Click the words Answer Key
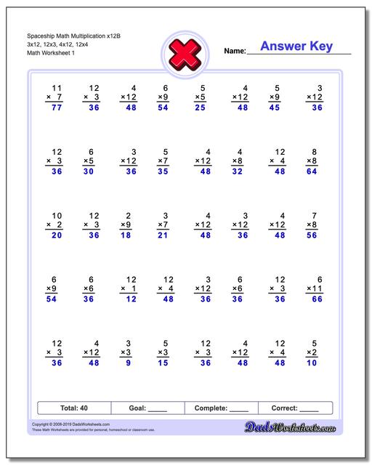(296, 46)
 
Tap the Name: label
(235, 51)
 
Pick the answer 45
(275, 108)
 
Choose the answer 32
(238, 172)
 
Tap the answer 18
(126, 236)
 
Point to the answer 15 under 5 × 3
(163, 363)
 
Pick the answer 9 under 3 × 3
(129, 363)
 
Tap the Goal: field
(148, 408)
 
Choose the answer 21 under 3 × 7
(163, 236)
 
